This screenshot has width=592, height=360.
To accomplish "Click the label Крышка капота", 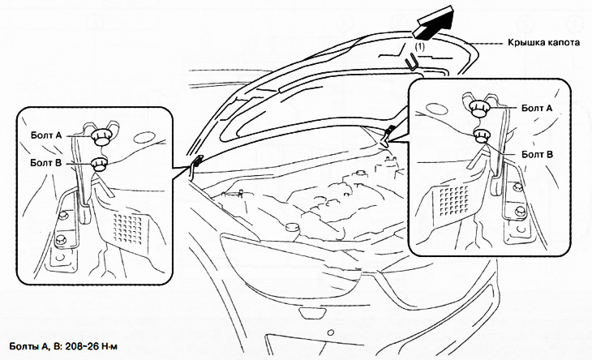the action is [543, 42].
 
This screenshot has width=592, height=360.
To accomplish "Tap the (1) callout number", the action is [419, 47].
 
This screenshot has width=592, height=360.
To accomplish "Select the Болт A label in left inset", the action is [46, 135].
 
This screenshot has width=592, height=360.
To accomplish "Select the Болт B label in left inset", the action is [45, 163].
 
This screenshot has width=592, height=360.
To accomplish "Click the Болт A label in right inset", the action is [537, 108].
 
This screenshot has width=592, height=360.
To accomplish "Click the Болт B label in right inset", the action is [537, 154].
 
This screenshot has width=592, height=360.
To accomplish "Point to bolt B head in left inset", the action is [100, 165].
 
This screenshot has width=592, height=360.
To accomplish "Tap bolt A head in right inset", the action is [480, 108].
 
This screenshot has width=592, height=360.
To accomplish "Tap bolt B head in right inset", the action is [481, 136].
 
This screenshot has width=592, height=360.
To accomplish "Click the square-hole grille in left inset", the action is [128, 228].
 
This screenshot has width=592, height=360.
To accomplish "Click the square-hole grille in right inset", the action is [454, 200].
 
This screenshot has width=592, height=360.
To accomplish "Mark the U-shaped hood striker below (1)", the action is [412, 62].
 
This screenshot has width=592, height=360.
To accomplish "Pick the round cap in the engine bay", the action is [292, 228].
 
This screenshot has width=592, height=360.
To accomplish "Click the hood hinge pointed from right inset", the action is [388, 136].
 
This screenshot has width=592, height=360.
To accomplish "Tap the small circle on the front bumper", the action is [331, 332].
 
